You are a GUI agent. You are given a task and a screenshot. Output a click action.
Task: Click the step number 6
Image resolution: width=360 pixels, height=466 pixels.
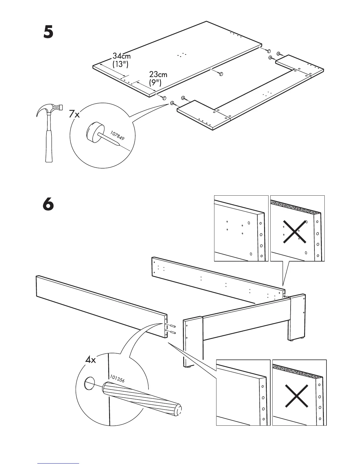pyautogui.click(x=49, y=204)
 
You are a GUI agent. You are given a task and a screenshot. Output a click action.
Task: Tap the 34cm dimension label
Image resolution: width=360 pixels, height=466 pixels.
pyautogui.click(x=121, y=56)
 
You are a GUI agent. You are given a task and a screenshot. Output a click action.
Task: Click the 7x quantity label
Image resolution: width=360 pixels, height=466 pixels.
pyautogui.click(x=74, y=114)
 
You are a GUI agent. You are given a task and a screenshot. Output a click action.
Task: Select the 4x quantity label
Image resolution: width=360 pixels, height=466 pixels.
pyautogui.click(x=91, y=360)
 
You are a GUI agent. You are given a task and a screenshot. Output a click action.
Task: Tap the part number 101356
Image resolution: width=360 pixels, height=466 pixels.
pyautogui.click(x=117, y=379)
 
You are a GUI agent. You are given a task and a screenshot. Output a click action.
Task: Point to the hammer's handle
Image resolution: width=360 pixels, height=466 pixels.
pyautogui.click(x=49, y=144)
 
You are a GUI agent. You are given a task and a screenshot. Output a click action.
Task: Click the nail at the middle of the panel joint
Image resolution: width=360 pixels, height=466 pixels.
pyautogui.click(x=221, y=74)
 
